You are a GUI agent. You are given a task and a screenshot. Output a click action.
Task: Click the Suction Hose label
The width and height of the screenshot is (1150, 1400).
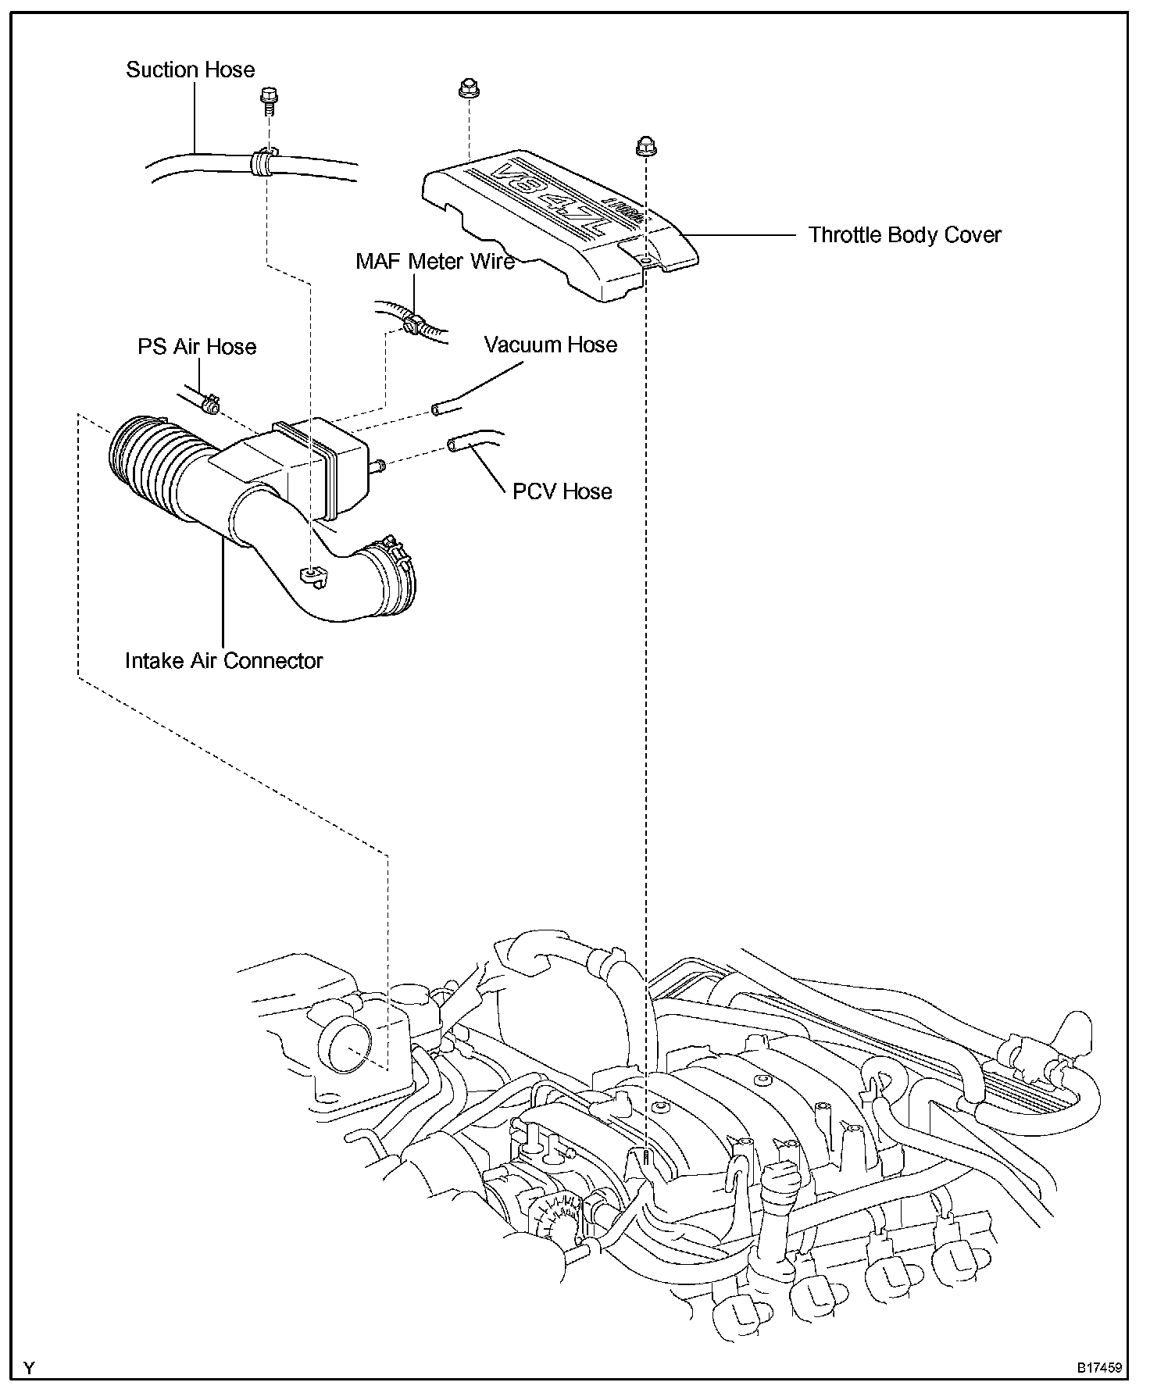(191, 70)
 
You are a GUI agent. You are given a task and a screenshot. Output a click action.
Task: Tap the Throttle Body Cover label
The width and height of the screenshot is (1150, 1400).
(904, 235)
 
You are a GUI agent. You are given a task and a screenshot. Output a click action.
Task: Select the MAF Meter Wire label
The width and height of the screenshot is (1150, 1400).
(434, 261)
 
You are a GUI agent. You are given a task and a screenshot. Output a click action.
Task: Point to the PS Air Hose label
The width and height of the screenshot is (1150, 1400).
(197, 346)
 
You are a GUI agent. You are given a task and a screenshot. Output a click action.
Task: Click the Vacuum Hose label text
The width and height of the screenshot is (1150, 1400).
(550, 345)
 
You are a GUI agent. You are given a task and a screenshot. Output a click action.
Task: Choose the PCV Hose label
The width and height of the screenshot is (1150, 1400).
(562, 491)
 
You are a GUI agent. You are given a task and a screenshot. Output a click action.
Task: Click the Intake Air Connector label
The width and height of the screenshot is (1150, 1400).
(223, 661)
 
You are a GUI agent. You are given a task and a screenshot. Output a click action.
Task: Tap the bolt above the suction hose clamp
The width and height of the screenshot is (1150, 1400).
(267, 98)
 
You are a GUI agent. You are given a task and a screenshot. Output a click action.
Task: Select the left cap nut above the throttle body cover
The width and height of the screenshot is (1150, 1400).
(468, 88)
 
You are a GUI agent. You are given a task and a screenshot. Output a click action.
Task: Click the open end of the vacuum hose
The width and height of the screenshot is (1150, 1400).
(438, 409)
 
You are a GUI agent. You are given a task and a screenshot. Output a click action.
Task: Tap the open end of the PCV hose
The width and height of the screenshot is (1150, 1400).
(453, 444)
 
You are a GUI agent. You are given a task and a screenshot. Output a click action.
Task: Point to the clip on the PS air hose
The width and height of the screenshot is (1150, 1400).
(209, 405)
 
